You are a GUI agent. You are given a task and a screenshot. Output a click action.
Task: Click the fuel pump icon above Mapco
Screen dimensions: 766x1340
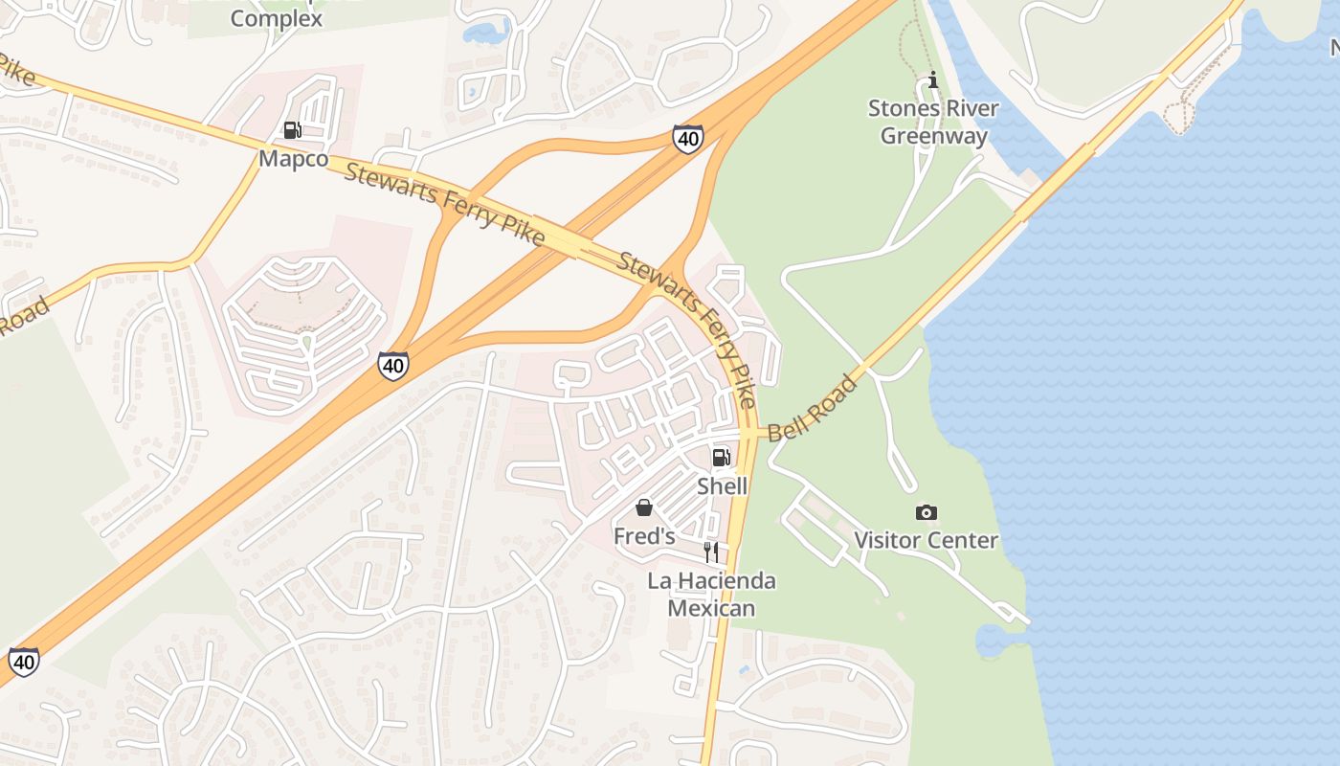click(293, 130)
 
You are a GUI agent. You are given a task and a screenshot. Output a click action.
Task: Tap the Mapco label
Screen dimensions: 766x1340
click(293, 159)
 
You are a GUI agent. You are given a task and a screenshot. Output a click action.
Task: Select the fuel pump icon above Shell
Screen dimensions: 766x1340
click(721, 458)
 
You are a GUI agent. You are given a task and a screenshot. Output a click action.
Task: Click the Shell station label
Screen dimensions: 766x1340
click(722, 485)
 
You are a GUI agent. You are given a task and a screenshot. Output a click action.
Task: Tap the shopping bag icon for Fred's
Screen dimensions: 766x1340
click(644, 507)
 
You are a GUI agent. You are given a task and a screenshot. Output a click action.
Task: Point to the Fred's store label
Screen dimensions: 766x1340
click(644, 536)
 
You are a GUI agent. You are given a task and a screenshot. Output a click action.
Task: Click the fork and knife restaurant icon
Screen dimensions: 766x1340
click(711, 552)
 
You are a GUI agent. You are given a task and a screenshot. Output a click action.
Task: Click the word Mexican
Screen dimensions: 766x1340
click(711, 608)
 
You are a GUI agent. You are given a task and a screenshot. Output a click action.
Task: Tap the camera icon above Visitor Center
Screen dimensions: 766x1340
click(926, 512)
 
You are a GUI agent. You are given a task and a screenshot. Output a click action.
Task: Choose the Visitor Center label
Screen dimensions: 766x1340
click(926, 540)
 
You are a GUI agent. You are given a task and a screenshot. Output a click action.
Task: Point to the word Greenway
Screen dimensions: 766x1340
click(933, 136)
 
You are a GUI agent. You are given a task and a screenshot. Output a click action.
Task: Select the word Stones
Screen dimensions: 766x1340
click(903, 108)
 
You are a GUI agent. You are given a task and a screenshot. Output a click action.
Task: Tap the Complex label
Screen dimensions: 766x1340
click(276, 18)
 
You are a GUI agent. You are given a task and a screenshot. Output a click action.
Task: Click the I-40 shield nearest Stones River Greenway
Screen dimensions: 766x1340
click(687, 138)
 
